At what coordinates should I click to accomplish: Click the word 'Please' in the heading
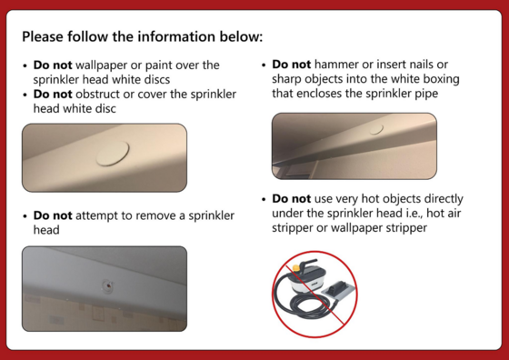tap(43, 36)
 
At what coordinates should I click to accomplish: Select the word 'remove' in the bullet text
tap(157, 215)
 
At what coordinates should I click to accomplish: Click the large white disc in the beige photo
tap(113, 154)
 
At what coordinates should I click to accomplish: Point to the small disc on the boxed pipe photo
tap(376, 129)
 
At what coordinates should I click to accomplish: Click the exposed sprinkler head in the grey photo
tap(107, 286)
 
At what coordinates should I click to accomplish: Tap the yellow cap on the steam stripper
tap(295, 268)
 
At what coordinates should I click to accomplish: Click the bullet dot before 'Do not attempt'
tap(25, 216)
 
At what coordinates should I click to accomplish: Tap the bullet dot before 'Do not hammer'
tap(264, 65)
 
